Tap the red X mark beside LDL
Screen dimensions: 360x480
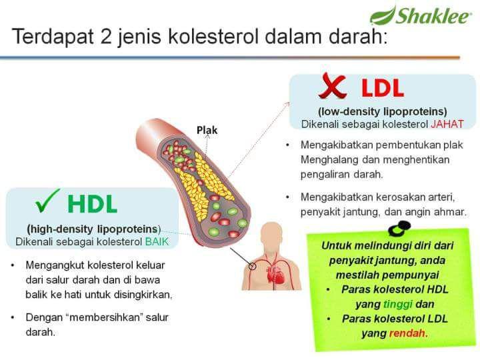[x=332, y=87]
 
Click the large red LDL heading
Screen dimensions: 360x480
[x=382, y=88]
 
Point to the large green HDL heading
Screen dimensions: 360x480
[x=92, y=203]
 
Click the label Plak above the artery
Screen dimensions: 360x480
[x=207, y=130]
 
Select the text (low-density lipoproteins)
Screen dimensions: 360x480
[x=382, y=111]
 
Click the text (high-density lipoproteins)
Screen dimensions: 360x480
[x=94, y=228]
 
